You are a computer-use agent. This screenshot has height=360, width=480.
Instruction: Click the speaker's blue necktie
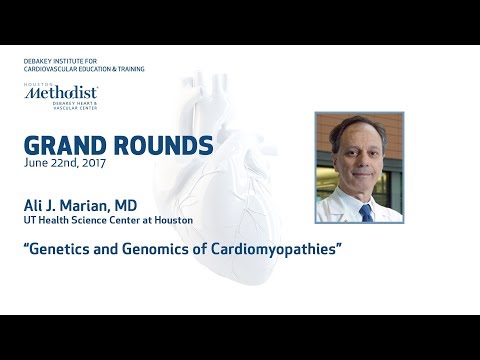[367, 211]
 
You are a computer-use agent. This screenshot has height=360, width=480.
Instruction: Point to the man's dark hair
[360, 127]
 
